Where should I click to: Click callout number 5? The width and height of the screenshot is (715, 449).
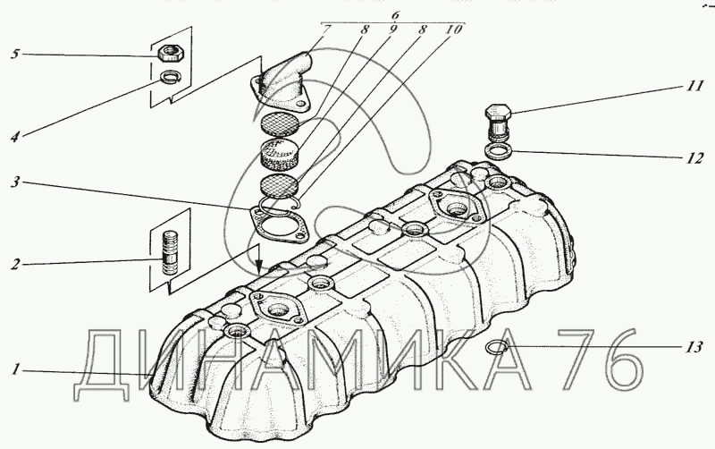15,55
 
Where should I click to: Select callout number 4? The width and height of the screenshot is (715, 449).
15,137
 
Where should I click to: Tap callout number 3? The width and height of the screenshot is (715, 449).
15,182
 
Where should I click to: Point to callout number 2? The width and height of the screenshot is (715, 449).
15,264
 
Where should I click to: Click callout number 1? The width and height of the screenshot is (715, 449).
15,369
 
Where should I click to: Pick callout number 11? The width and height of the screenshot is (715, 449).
694,86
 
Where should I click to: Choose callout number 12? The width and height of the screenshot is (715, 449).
694,158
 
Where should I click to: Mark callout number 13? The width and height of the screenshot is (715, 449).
694,347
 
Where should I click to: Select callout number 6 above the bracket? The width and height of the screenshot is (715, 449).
395,15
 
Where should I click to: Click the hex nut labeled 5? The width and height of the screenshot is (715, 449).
171,54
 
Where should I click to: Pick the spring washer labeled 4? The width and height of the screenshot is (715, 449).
170,77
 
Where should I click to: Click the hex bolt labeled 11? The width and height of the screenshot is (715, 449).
498,122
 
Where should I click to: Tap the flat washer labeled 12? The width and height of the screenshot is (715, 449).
498,150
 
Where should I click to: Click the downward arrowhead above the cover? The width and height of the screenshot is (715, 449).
258,266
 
